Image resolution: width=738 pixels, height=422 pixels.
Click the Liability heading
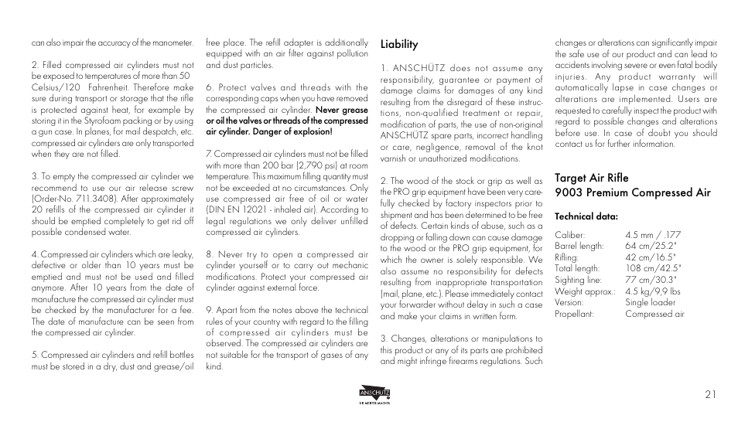click(398, 45)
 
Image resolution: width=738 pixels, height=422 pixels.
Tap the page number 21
click(710, 394)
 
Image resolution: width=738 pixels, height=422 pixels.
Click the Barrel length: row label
click(579, 247)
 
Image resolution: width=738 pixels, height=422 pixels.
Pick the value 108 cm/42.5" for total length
click(653, 269)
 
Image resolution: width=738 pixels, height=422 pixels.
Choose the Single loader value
click(649, 303)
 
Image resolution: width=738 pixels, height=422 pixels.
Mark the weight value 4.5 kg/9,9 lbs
click(653, 291)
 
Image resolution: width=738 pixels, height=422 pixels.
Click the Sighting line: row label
click(578, 281)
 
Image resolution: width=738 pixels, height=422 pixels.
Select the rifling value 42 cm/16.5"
click(651, 257)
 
